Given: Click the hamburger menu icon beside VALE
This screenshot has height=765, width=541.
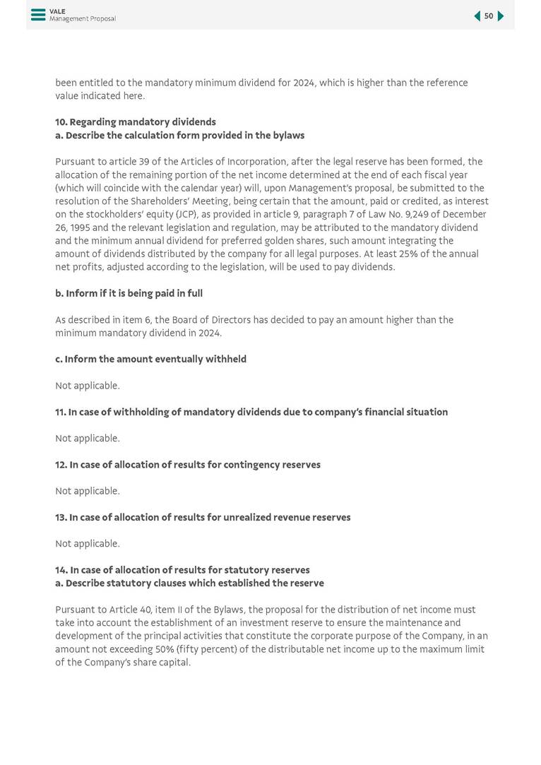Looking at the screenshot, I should tap(38, 15).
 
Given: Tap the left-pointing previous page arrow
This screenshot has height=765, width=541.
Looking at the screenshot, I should tap(477, 16).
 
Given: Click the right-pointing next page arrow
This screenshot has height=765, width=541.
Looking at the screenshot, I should tap(501, 16).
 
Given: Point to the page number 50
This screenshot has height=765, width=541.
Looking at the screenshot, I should tap(489, 16).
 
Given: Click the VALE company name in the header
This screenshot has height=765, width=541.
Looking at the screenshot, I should tap(57, 11).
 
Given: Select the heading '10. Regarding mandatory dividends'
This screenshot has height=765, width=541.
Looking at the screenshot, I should tap(136, 122).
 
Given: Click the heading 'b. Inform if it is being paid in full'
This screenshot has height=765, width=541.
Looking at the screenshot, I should tap(129, 293).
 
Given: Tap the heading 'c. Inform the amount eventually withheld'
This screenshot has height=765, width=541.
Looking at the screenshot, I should tap(150, 359).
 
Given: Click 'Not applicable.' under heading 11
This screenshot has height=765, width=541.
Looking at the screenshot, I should tap(88, 438).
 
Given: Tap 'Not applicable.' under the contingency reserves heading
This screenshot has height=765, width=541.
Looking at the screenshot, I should tap(88, 491).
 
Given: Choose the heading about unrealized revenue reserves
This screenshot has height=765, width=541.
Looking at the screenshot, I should tap(203, 517).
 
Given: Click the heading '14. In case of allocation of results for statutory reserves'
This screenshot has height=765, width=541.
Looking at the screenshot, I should tap(182, 570).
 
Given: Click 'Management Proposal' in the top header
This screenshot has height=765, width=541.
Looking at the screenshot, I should tap(83, 19).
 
